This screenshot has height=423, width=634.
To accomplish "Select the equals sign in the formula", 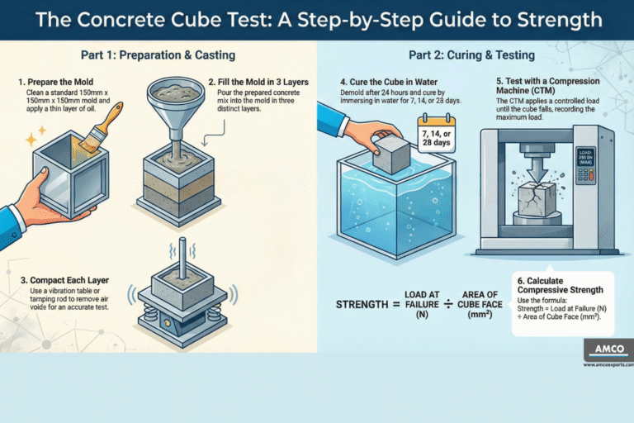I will click(x=407, y=305).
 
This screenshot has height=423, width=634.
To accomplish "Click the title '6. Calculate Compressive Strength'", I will click(x=562, y=284).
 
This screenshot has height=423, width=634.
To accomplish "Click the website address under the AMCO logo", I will click(x=608, y=364).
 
